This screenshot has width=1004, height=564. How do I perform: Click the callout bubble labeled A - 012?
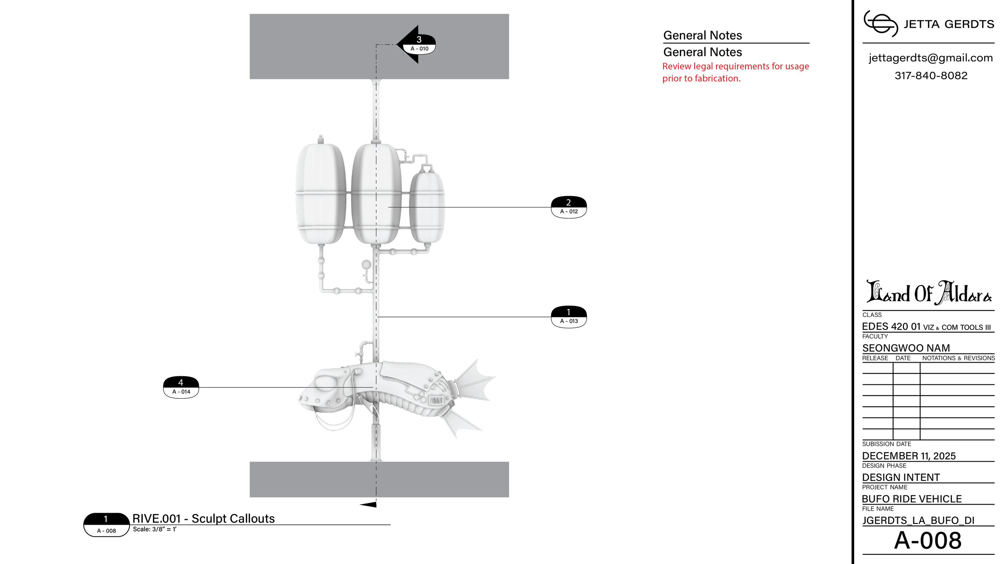click(x=569, y=207)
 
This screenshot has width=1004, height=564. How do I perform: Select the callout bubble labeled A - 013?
click(x=569, y=317)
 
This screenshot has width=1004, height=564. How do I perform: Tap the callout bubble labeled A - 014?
click(x=181, y=387)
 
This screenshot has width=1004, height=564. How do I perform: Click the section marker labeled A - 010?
click(x=416, y=45)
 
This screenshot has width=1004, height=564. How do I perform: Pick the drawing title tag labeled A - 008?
click(x=106, y=525)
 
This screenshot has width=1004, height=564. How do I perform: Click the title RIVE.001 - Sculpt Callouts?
click(x=204, y=519)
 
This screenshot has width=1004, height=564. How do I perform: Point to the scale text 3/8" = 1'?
click(x=164, y=529)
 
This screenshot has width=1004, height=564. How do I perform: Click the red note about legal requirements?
click(x=735, y=72)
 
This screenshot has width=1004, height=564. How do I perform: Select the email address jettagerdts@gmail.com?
click(x=931, y=58)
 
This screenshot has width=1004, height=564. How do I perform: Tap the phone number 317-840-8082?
click(x=931, y=75)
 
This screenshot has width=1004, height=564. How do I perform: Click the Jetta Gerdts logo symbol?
click(x=881, y=24)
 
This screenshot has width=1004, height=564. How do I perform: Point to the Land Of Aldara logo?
click(x=929, y=292)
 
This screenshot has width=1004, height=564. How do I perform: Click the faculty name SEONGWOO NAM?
click(x=906, y=348)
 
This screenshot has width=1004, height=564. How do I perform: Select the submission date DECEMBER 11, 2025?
click(x=909, y=456)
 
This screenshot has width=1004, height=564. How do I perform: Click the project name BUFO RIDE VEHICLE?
click(x=912, y=499)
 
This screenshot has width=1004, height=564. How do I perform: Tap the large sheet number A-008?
click(x=928, y=540)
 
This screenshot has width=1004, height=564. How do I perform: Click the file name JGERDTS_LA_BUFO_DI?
click(x=918, y=520)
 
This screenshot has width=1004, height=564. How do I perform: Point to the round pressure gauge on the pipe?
click(x=366, y=264)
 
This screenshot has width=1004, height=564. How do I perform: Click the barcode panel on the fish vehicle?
click(x=437, y=400)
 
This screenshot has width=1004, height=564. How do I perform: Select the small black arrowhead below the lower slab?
click(x=368, y=505)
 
